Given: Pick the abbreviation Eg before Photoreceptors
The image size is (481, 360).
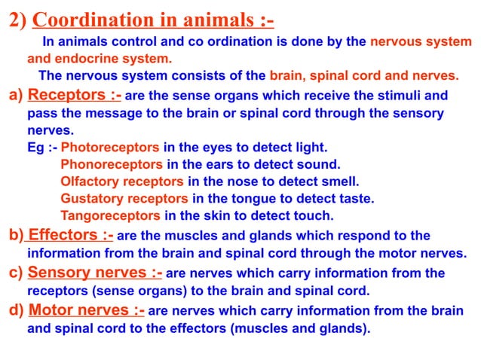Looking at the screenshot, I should click(x=35, y=147).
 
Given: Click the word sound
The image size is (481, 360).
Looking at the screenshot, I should click(x=320, y=164).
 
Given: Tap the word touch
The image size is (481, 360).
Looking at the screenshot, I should click(x=314, y=216).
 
